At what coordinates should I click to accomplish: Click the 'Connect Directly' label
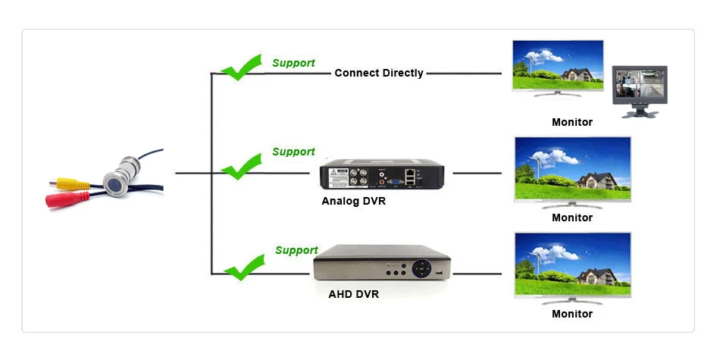point(379,74)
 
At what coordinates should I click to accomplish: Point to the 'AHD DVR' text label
point(353,294)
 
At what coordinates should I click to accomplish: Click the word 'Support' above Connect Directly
point(293,63)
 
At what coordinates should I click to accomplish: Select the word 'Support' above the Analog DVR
point(293,152)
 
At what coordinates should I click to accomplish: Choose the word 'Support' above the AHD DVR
point(296,251)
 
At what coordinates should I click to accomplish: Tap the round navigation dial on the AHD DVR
point(422,268)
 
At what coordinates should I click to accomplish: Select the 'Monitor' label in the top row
point(572,122)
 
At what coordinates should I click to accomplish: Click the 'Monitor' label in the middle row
point(572,218)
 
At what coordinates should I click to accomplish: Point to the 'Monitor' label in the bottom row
point(572,314)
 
